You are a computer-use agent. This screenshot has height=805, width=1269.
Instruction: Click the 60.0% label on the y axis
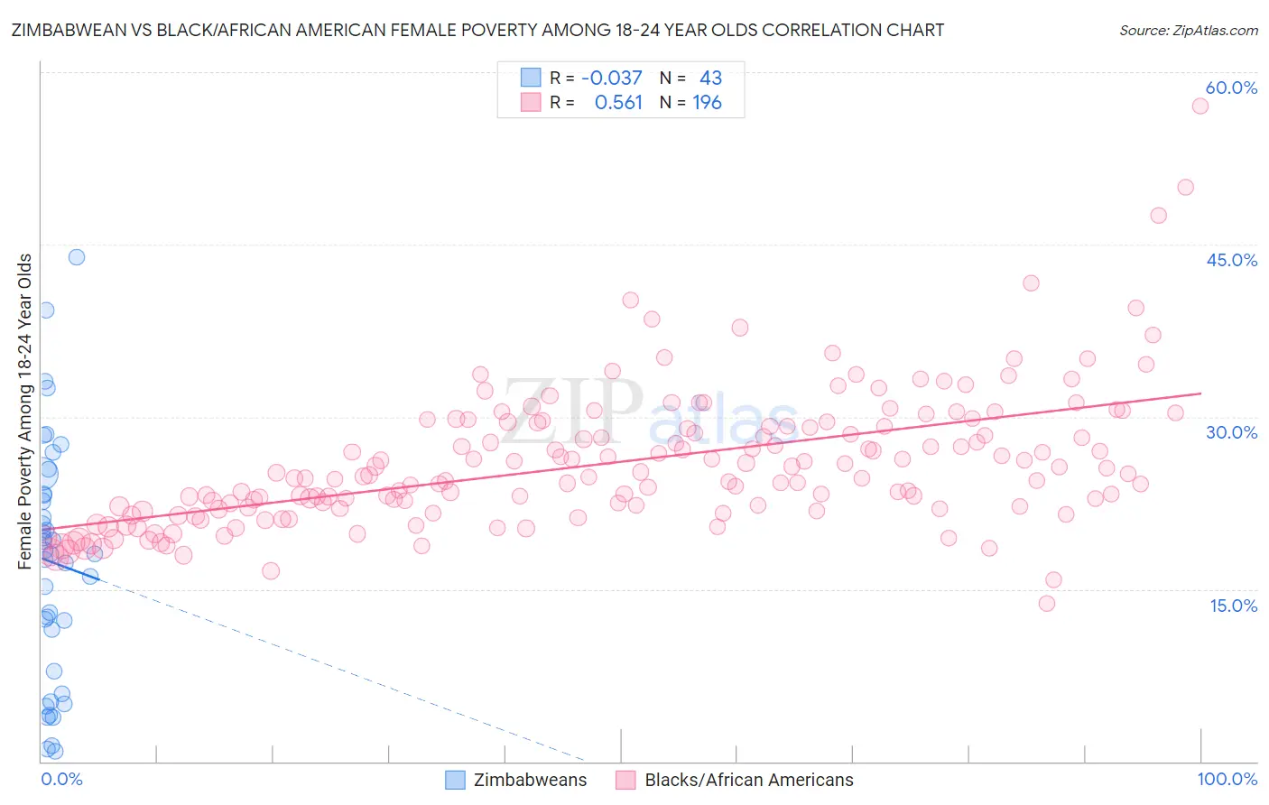[x=1231, y=88]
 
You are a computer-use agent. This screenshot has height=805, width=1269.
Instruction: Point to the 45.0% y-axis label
[x=1231, y=260]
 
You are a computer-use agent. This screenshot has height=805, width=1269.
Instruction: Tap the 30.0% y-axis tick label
[x=1231, y=432]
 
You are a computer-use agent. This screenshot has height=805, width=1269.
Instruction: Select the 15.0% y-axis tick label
[x=1233, y=606]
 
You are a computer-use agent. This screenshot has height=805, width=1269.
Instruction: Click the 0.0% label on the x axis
[x=61, y=779]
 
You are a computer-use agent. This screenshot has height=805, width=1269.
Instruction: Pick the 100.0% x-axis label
[x=1227, y=779]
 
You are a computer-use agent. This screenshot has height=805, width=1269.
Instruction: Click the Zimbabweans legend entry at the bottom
[x=529, y=780]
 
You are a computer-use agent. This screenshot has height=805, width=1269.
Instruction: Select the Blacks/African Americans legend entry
[x=748, y=780]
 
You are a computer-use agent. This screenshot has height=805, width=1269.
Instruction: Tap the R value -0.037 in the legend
[x=611, y=78]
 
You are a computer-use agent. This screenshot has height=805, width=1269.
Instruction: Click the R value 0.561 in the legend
[x=618, y=103]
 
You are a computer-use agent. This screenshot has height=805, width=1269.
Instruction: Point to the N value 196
[x=707, y=103]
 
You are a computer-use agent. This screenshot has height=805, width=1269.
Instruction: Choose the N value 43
[x=710, y=78]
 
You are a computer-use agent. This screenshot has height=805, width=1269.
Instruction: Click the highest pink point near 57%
[x=1200, y=106]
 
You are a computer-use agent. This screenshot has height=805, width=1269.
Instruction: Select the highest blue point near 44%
[x=77, y=257]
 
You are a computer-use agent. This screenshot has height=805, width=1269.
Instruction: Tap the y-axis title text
[x=25, y=412]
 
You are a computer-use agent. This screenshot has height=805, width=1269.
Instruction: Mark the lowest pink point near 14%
[x=1047, y=603]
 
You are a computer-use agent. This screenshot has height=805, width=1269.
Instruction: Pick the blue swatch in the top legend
[x=531, y=78]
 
